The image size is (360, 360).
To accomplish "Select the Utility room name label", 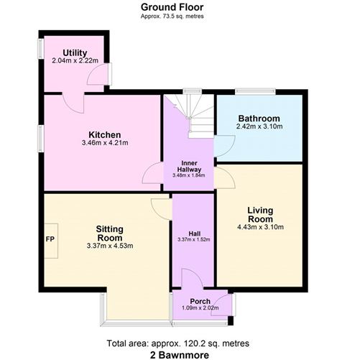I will tap(75, 53).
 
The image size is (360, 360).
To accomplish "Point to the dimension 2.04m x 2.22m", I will tap(75, 61).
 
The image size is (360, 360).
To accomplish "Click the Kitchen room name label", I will tap(104, 135).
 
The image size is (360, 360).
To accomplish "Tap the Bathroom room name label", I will tap(259, 119).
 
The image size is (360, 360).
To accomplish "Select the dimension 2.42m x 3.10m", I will tap(259, 126).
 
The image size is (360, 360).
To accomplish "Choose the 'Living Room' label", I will tap(260, 215).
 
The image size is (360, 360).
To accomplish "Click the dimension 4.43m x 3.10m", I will tap(260, 227).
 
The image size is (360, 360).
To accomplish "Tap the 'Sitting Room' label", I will tap(110, 234).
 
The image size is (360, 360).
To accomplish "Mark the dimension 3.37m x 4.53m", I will tap(110, 246).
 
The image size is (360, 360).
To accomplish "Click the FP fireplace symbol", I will tap(50, 239).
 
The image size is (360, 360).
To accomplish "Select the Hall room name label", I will tap(194, 233).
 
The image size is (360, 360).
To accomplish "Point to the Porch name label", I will tap(200, 301).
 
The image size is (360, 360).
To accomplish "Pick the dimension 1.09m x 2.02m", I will tap(200, 308).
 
